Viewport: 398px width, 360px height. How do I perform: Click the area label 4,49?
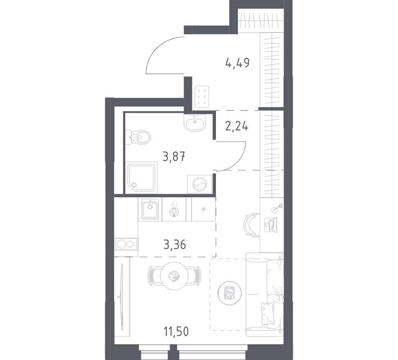point(237,63)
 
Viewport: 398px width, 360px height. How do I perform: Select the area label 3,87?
point(174,156)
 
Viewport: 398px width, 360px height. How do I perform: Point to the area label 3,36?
point(175,244)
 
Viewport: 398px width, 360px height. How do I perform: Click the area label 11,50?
point(176,331)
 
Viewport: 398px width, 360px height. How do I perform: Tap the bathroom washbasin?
point(195,123)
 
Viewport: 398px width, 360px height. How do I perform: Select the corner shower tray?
point(142,178)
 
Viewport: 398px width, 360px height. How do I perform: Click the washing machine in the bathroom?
point(200,184)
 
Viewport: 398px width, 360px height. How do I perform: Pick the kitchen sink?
point(150,209)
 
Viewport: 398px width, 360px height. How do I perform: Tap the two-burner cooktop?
point(126,244)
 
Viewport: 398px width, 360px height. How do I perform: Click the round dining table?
point(175,276)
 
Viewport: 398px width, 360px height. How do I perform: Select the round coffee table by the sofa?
point(229,293)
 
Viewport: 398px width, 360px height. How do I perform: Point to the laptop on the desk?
point(270,224)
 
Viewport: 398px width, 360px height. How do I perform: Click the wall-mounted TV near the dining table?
point(122,296)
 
